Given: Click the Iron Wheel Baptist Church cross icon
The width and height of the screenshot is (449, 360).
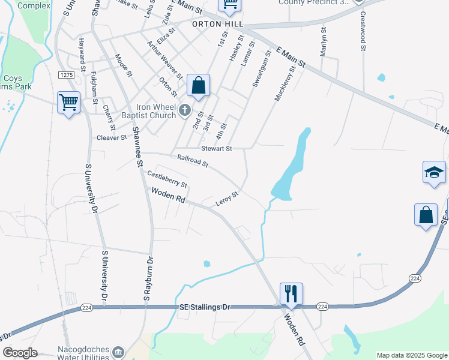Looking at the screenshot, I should (x=184, y=110).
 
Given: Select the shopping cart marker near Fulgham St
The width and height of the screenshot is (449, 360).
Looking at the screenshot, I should (x=69, y=103).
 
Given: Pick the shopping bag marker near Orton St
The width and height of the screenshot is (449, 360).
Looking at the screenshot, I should (x=198, y=86).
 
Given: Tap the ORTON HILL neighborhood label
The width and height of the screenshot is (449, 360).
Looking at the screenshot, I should (x=217, y=24).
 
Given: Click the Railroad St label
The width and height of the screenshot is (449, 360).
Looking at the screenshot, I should (x=192, y=161).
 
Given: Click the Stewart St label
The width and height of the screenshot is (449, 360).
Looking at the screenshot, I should (x=216, y=148).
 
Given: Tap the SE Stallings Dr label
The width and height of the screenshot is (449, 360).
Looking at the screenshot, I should (x=205, y=307).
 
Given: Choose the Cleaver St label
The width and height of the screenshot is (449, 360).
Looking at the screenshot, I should (x=112, y=137).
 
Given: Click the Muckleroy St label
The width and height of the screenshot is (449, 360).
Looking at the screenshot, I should (x=285, y=84).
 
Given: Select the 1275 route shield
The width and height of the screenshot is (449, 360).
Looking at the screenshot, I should (x=66, y=74).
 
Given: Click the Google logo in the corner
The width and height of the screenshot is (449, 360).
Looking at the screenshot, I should (x=19, y=353).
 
